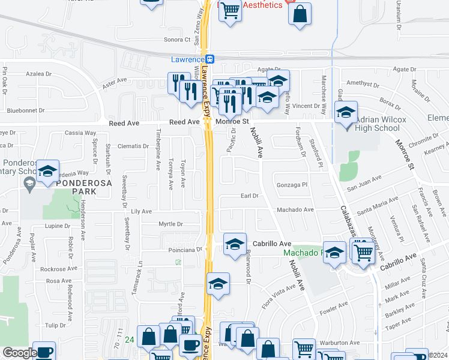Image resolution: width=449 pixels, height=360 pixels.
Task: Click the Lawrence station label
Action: [x=186, y=59]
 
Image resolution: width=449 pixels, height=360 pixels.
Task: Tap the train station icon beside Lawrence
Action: [x=210, y=59]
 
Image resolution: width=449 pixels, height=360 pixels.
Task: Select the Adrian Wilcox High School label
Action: [x=378, y=124]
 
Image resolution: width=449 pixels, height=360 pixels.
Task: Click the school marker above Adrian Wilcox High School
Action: [x=346, y=113]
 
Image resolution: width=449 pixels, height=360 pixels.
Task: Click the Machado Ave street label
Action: [x=295, y=210]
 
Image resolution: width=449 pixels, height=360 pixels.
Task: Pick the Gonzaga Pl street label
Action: [x=292, y=185]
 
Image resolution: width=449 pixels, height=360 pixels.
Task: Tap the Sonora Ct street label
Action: [x=177, y=40]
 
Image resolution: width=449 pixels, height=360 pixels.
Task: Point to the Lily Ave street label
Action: [x=142, y=211]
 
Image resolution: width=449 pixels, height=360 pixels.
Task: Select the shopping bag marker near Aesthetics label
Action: [x=300, y=14]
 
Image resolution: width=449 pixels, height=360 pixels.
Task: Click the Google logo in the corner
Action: [x=20, y=353]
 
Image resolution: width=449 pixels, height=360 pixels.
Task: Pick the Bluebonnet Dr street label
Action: [x=26, y=110]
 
